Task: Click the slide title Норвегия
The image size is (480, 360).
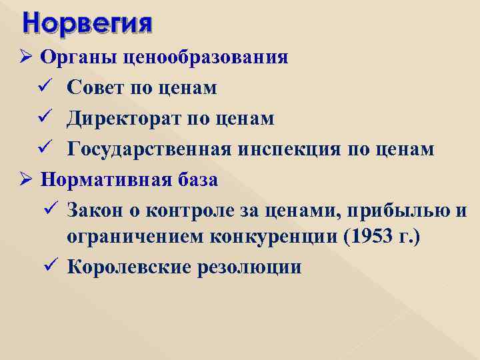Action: (x=87, y=23)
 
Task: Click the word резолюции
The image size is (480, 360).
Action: (x=254, y=268)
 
